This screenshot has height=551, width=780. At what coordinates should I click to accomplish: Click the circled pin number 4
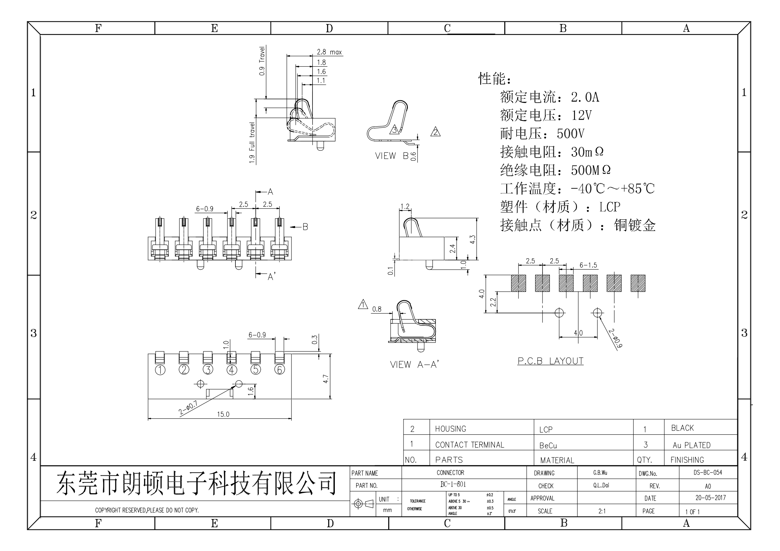pyautogui.click(x=232, y=370)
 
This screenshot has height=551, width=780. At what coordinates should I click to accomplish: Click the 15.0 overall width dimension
pyautogui.click(x=223, y=414)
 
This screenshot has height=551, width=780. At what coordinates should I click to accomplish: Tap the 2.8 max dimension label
pyautogui.click(x=329, y=52)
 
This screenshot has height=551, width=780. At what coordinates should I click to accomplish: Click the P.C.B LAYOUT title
pyautogui.click(x=550, y=361)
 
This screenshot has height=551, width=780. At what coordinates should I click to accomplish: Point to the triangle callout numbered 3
pyautogui.click(x=395, y=130)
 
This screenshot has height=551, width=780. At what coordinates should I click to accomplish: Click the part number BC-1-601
pyautogui.click(x=453, y=484)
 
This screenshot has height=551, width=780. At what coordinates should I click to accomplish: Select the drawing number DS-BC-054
pyautogui.click(x=708, y=472)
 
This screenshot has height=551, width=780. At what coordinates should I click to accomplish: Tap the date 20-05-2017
pyautogui.click(x=710, y=498)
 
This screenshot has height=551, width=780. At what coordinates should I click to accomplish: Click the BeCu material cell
pyautogui.click(x=548, y=445)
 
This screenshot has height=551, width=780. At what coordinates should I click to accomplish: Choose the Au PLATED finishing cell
pyautogui.click(x=691, y=445)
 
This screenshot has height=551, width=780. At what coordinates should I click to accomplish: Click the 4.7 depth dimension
pyautogui.click(x=325, y=379)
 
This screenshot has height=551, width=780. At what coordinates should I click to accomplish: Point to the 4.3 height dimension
pyautogui.click(x=472, y=240)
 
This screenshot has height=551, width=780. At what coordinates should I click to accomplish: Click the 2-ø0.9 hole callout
pyautogui.click(x=615, y=338)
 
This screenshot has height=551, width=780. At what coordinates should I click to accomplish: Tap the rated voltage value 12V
pyautogui.click(x=581, y=115)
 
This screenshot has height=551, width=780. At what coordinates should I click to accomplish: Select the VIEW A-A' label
pyautogui.click(x=414, y=365)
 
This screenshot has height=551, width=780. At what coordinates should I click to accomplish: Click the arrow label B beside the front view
pyautogui.click(x=305, y=227)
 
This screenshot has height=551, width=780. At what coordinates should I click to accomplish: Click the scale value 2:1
pyautogui.click(x=602, y=511)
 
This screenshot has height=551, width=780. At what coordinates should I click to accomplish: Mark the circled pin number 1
pyautogui.click(x=160, y=370)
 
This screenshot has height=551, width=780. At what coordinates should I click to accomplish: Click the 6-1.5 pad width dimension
pyautogui.click(x=588, y=265)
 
